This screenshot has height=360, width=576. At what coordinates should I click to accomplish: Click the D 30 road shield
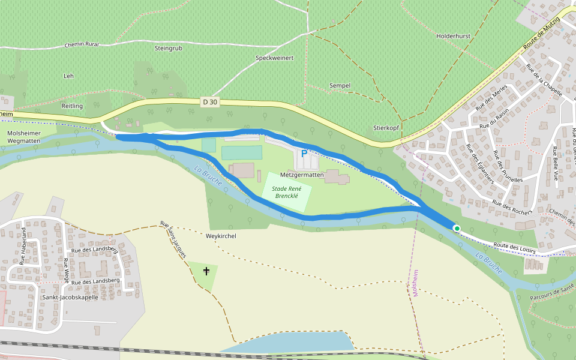[x=210, y=102]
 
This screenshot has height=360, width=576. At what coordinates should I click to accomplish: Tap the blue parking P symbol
[x=304, y=154]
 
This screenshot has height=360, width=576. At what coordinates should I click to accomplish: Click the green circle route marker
[x=457, y=228]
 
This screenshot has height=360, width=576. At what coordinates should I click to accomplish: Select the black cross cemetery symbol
[x=206, y=271]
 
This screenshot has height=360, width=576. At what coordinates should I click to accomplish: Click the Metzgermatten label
[x=302, y=175]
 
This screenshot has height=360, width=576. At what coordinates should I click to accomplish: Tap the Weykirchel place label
[x=221, y=236]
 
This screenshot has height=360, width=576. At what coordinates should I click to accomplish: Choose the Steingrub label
[x=168, y=48]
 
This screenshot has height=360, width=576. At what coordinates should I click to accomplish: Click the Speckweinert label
[x=274, y=58]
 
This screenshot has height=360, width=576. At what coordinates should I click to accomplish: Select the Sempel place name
[x=340, y=86]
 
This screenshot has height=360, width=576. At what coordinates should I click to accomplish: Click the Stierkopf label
[x=386, y=128]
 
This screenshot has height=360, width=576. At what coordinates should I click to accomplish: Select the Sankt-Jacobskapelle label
[x=70, y=297]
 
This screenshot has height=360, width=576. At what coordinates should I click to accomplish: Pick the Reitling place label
[x=72, y=106]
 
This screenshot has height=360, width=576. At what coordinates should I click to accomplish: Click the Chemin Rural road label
[x=81, y=44]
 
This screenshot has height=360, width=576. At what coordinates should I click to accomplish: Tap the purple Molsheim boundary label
[x=415, y=283]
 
